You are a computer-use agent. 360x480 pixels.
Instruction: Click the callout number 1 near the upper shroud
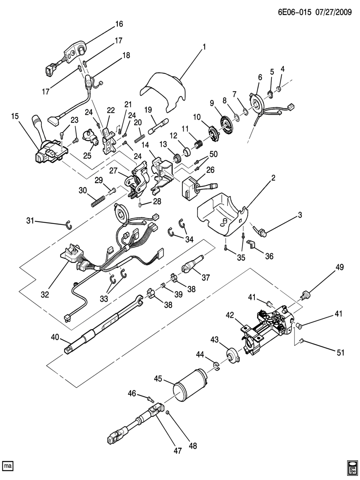[204, 47]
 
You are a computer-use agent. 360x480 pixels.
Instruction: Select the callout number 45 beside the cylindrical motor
[158, 378]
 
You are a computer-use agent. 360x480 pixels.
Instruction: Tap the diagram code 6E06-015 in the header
[295, 12]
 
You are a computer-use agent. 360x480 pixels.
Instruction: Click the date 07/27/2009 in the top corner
[333, 12]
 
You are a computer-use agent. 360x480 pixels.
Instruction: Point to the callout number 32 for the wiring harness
[45, 294]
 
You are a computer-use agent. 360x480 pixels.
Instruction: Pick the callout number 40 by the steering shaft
[55, 337]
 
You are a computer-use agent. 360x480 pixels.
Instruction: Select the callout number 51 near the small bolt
[340, 353]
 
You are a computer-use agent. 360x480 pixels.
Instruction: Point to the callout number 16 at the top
[119, 24]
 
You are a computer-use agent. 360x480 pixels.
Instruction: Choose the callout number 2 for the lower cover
[273, 178]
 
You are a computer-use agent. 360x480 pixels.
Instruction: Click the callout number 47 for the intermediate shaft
[177, 450]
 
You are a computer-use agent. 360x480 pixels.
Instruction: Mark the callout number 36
[269, 256]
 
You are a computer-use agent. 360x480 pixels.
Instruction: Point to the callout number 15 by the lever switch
[15, 116]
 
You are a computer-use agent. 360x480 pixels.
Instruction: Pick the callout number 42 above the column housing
[230, 315]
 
